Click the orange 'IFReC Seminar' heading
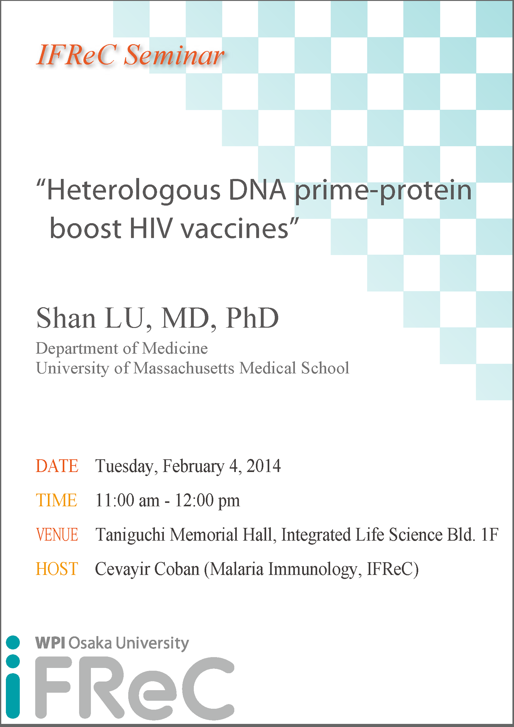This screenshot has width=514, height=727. click(x=131, y=55)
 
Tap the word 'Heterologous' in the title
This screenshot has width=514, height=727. click(x=134, y=191)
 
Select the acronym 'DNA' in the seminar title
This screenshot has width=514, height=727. click(x=257, y=190)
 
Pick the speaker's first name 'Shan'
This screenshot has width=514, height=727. click(x=66, y=318)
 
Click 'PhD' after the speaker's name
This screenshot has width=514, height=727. click(x=252, y=318)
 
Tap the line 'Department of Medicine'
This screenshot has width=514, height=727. click(x=122, y=349)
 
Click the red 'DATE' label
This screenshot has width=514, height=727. click(x=57, y=466)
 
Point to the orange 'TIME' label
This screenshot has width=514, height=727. click(x=56, y=500)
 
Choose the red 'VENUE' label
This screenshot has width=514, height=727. click(x=57, y=535)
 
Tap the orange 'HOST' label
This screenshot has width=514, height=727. click(x=57, y=569)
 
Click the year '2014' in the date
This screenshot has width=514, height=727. click(x=264, y=466)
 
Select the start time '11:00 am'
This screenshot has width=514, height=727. click(x=127, y=500)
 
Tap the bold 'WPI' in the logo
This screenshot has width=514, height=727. click(x=50, y=643)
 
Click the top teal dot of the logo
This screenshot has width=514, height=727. click(x=13, y=642)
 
